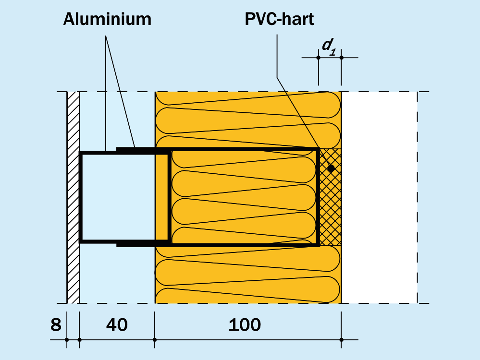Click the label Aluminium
coord(107,19)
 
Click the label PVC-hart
coord(279,19)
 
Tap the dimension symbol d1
coord(328,45)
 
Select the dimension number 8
coord(56,325)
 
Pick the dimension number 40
coord(117,325)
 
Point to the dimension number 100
coord(245,325)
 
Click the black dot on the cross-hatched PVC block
coord(331,168)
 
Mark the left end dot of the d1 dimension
coord(319,58)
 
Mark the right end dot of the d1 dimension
coord(341,58)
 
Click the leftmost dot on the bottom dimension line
coord(67,340)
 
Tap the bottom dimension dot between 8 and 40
coord(79,340)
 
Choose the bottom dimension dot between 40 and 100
coord(155,340)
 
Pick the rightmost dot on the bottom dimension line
coord(341,340)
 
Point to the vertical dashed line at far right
coord(418,197)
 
